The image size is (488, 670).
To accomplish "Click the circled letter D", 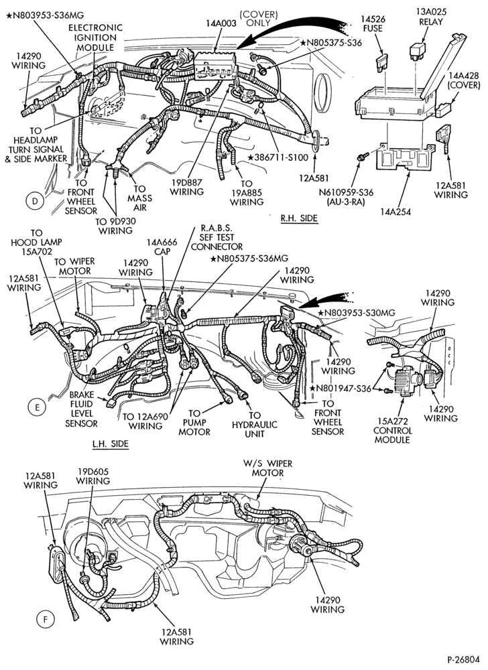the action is click(35, 201).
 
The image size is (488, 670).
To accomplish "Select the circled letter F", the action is click(45, 618).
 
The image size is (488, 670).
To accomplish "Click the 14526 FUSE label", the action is click(373, 24).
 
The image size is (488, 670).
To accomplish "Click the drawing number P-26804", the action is click(464, 659).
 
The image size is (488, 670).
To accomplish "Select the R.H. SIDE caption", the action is click(299, 218).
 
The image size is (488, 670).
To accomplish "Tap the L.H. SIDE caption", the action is click(110, 444).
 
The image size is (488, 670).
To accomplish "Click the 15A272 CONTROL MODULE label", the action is click(392, 431).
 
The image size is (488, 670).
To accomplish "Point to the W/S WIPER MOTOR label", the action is click(268, 468).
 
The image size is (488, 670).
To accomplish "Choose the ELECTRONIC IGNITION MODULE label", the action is click(95, 38).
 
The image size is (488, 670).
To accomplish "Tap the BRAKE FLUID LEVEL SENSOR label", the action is click(81, 409).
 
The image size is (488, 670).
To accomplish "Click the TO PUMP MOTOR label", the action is click(194, 423).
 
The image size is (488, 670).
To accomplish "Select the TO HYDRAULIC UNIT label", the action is click(255, 424).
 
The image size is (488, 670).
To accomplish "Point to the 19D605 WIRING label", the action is click(93, 476).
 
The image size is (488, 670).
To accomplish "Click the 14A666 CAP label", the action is click(162, 247).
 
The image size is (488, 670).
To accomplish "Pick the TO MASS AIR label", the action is click(139, 198).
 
